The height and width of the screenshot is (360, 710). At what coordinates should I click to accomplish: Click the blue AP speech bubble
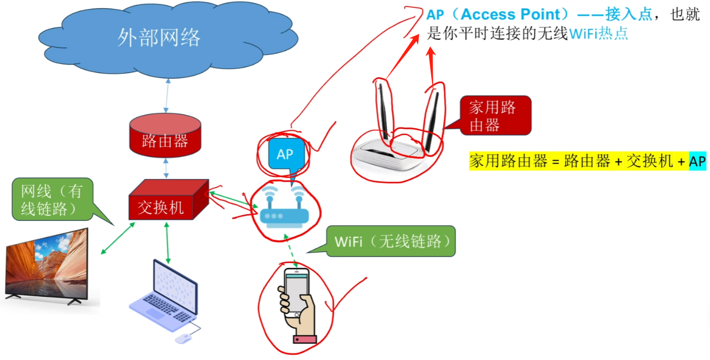[x=285, y=154]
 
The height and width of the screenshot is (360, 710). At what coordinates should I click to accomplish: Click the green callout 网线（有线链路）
[x=52, y=199]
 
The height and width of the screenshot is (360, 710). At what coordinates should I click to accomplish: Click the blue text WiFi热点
[x=598, y=34]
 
